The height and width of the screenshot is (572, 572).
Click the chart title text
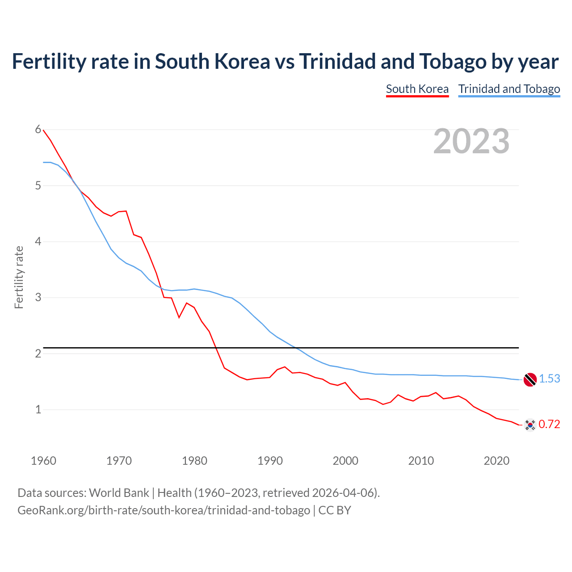[285, 62]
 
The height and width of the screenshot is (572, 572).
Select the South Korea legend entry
[417, 89]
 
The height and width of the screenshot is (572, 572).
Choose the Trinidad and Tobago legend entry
[509, 89]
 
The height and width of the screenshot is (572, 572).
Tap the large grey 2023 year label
[471, 141]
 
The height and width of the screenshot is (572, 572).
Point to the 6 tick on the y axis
[38, 130]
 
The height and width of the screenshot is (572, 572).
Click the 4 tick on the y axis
[38, 241]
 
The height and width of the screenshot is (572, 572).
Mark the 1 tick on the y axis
[38, 409]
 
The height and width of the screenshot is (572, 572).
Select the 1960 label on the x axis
[43, 461]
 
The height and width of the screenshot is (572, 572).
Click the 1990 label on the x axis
[270, 461]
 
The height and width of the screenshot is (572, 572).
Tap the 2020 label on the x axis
[496, 461]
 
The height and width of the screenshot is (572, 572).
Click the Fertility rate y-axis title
[19, 277]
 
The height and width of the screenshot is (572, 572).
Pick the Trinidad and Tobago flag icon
[530, 379]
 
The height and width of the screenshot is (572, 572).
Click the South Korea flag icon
[530, 425]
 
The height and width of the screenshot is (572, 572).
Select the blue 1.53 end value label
[549, 379]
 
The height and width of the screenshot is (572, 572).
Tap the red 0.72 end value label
[549, 424]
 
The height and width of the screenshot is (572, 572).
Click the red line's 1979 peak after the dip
[187, 303]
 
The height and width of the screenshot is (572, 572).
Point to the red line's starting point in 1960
[43, 130]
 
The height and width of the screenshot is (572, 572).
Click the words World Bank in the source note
[119, 493]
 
